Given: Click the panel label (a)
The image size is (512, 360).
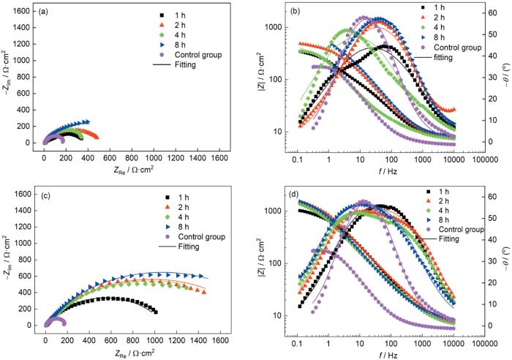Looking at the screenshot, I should (x=44, y=12).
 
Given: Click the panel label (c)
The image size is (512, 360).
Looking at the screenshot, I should (x=44, y=195).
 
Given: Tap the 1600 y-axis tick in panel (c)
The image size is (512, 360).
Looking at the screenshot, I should (x=24, y=194).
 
